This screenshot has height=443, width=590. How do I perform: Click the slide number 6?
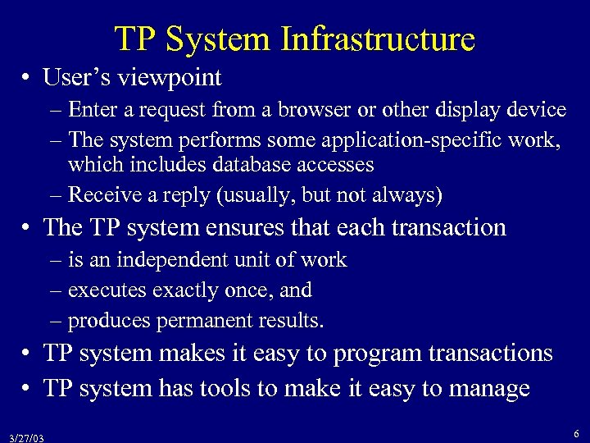coord(577,434)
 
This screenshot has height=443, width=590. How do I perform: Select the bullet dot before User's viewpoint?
coord(28,79)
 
